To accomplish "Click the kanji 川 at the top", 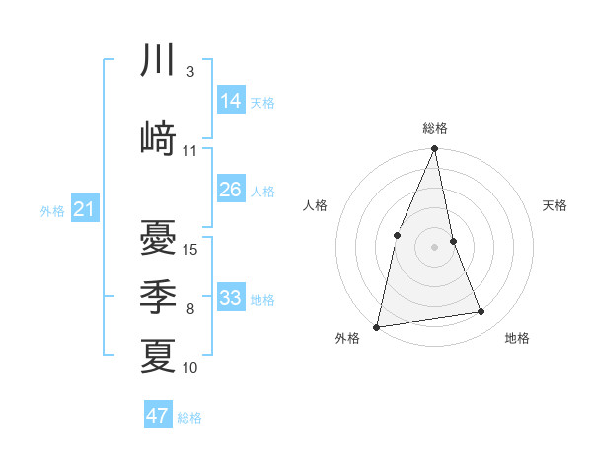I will [158, 61].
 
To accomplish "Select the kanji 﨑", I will [158, 138].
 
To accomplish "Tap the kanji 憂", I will [158, 237].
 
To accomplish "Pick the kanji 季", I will [158, 296].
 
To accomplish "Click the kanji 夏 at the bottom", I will [158, 355].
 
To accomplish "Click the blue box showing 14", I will [230, 100].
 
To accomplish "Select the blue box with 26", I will [230, 190].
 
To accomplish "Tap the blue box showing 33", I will [230, 298].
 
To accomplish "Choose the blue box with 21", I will [84, 209].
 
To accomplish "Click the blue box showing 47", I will [157, 416].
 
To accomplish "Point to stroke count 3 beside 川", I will [189, 73].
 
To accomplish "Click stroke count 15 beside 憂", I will [191, 249].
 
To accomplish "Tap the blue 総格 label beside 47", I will [189, 418].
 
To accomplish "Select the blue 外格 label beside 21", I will [52, 211].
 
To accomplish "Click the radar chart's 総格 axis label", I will [434, 128].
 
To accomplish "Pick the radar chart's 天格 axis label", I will [555, 205].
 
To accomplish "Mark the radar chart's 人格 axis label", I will [315, 205].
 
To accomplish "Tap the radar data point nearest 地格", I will [481, 312].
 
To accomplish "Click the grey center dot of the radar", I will [434, 246].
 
